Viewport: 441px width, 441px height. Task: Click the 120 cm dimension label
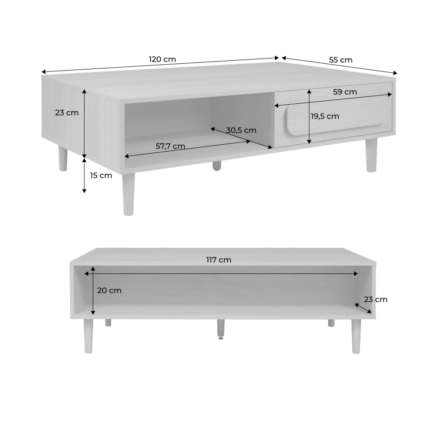162,59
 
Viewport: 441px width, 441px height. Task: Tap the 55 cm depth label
341,60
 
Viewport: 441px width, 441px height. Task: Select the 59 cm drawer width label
345,92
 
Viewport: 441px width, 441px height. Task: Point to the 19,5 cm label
325,116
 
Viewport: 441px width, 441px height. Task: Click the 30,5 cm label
241,130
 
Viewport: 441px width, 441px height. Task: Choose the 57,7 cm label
171,146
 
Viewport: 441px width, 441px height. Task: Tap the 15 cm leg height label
101,176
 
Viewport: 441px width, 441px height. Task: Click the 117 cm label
218,260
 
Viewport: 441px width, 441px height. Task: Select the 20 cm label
109,291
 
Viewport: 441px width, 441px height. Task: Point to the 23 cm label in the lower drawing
376,300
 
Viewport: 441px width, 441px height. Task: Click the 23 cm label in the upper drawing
67,113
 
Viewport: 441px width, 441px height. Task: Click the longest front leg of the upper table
128,194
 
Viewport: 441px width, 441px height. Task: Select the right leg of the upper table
371,155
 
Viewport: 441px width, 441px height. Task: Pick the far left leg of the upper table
63,158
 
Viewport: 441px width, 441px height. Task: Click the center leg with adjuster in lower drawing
221,329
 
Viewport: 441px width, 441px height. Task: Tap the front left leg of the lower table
88,336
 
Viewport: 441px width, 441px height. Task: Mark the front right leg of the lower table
356,336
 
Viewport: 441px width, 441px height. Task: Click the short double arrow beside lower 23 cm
363,308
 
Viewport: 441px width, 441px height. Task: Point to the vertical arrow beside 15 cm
84,175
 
